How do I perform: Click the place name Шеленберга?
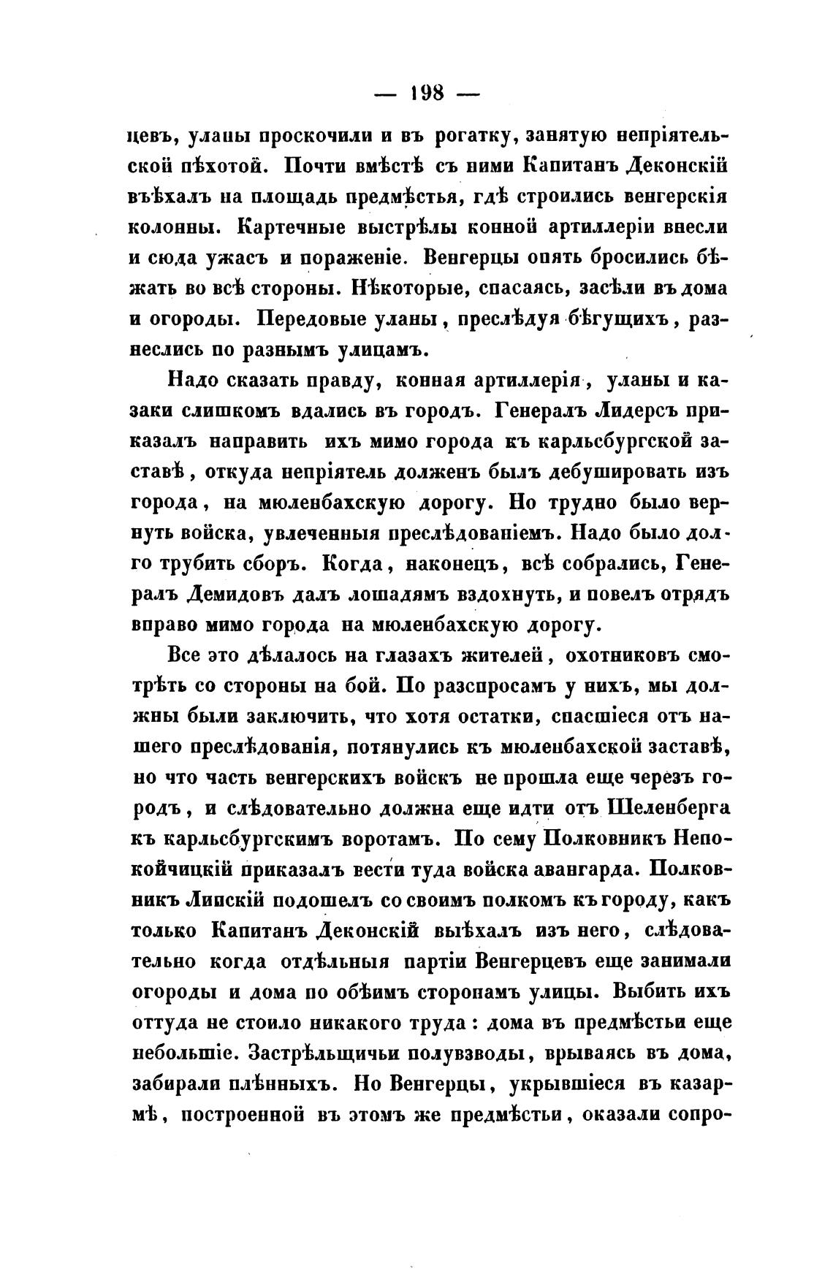pyautogui.click(x=667, y=809)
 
